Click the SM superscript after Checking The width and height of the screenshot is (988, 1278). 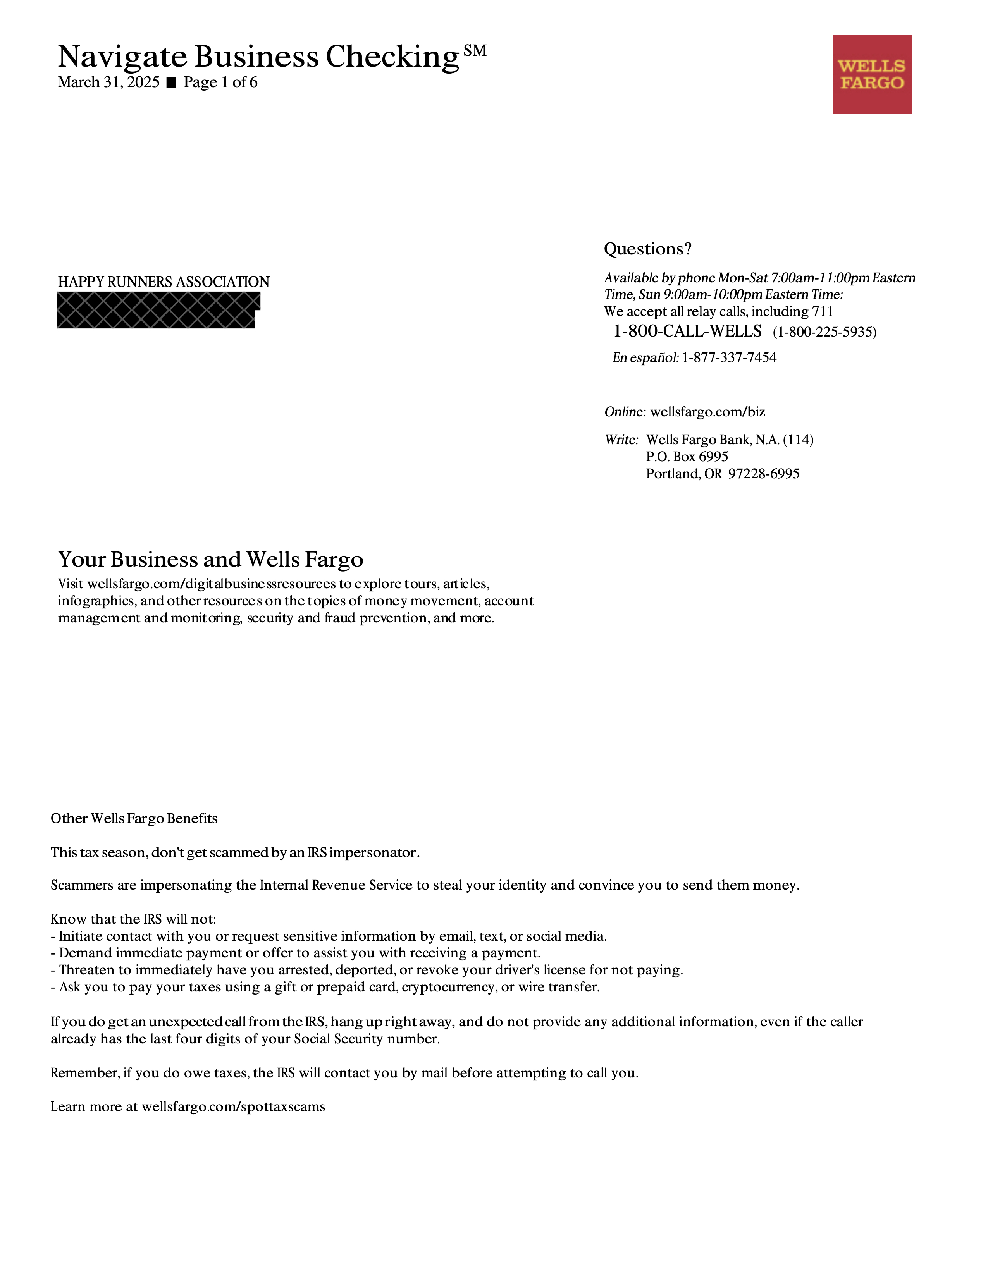pyautogui.click(x=475, y=51)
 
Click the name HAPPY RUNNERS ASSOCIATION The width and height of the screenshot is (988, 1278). pyautogui.click(x=163, y=282)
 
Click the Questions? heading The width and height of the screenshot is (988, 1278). pyautogui.click(x=647, y=249)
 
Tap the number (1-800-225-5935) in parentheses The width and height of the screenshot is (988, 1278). pyautogui.click(x=824, y=332)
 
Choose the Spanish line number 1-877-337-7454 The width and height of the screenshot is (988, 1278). pyautogui.click(x=729, y=357)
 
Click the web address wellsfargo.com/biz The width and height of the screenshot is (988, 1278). pyautogui.click(x=707, y=412)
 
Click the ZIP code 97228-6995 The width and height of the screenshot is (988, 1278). pyautogui.click(x=763, y=474)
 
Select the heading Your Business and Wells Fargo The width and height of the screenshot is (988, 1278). pyautogui.click(x=211, y=560)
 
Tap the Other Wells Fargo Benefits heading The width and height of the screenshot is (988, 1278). pyautogui.click(x=134, y=818)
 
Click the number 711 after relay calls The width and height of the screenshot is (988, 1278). pyautogui.click(x=822, y=312)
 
